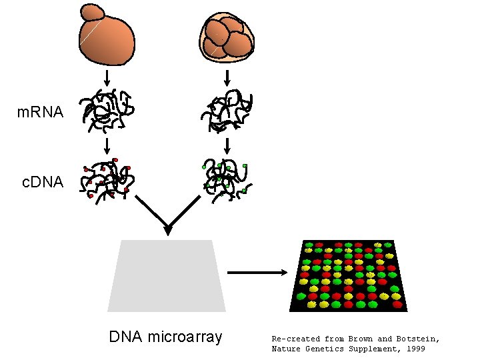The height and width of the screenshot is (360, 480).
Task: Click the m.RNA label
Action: (x=40, y=113)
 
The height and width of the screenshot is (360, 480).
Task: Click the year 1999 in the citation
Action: (x=413, y=349)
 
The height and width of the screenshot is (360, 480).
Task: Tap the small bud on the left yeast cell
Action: (x=91, y=11)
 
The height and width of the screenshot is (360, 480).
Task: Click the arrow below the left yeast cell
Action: (x=107, y=78)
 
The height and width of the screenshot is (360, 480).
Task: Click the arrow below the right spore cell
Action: (x=227, y=78)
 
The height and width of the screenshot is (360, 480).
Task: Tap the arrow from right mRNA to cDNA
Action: (x=227, y=145)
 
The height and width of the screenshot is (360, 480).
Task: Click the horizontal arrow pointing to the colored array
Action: (x=257, y=272)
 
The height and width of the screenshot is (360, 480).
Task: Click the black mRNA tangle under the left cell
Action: (x=107, y=109)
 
